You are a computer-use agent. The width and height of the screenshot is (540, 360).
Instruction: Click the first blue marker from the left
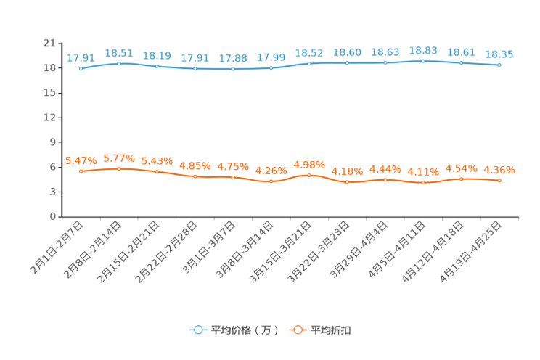click(81, 68)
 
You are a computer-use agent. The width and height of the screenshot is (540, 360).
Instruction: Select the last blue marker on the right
click(499, 65)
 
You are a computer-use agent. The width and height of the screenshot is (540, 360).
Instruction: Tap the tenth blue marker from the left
click(423, 61)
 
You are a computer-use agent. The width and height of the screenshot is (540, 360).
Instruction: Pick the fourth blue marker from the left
click(195, 69)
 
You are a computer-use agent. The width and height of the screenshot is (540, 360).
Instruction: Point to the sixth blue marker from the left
click(271, 68)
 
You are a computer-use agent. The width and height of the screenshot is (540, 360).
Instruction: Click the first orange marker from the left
click(81, 171)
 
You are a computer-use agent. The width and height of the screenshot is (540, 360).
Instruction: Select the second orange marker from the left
click(118, 168)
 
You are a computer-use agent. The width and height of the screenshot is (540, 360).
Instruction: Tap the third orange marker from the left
click(157, 171)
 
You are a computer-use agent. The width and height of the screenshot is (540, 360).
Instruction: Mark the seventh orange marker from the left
click(309, 175)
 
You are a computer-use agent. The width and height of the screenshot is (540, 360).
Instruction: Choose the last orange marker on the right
click(499, 180)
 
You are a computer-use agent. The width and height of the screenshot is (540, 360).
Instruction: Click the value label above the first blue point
click(81, 57)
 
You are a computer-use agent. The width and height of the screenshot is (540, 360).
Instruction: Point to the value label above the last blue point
click(499, 54)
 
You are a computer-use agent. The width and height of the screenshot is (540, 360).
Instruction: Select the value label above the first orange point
click(81, 160)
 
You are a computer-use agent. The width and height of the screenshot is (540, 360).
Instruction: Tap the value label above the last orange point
click(499, 170)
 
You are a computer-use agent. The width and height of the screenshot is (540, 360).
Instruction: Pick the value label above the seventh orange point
click(309, 164)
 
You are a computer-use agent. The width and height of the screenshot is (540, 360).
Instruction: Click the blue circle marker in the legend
click(197, 330)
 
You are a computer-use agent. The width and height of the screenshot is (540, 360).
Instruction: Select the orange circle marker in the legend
click(297, 330)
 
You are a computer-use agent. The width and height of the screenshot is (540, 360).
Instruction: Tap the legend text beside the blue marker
click(244, 330)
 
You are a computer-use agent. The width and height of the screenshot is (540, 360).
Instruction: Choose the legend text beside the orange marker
click(332, 330)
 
